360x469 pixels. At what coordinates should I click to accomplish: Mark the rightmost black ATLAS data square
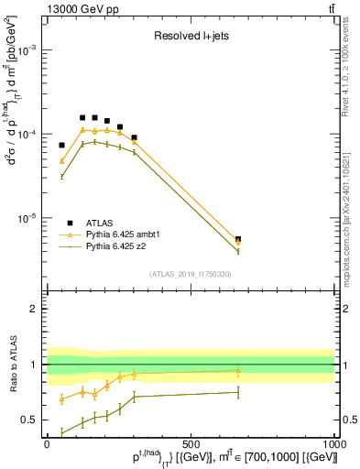(238, 239)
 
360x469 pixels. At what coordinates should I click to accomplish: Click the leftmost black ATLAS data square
(62, 145)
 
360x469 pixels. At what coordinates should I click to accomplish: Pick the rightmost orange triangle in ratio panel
(238, 371)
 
